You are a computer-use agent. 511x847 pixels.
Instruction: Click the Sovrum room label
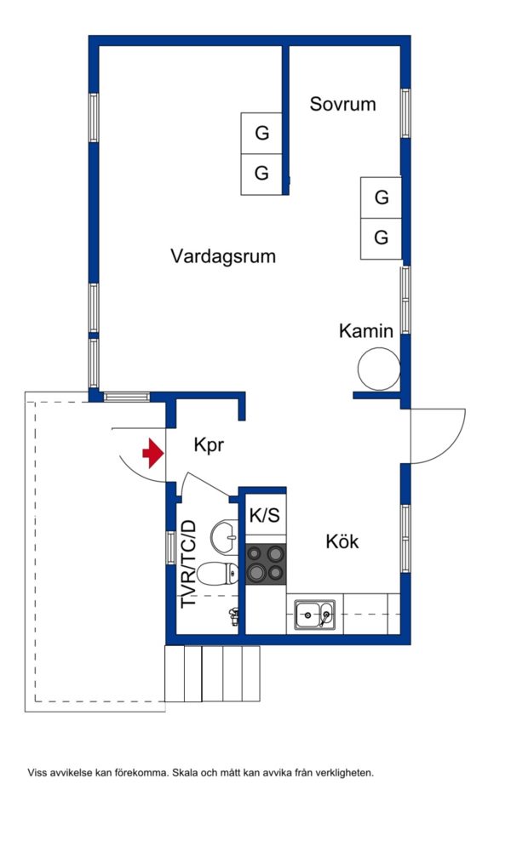pos(342,104)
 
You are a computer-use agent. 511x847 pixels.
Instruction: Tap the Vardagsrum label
pos(223,255)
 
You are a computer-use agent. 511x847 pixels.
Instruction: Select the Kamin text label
pos(365,330)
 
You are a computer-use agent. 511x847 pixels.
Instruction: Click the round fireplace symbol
pos(379,369)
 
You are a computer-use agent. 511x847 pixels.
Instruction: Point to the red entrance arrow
pos(152,453)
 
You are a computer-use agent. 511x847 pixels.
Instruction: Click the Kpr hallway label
pos(209,445)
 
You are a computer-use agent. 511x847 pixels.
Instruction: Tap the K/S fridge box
pos(265,515)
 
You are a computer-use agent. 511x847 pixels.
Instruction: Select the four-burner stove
pos(266,564)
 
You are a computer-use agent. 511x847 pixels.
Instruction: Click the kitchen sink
pos(315,615)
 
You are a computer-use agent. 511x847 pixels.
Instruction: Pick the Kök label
pos(342,541)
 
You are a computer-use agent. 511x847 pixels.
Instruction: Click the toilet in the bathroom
pos(217,573)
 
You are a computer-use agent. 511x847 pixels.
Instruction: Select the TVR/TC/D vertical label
pos(188,564)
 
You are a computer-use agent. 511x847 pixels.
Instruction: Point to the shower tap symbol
pos(234,616)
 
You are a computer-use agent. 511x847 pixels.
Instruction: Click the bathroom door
pos(206,484)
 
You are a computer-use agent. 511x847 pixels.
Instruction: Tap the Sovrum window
pos(405,113)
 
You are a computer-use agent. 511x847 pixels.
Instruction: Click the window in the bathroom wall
pos(170,547)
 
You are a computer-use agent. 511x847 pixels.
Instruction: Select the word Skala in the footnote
pos(185,773)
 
